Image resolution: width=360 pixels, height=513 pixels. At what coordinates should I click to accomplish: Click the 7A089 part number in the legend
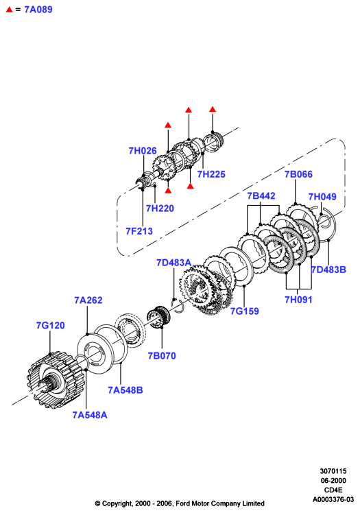(x=38, y=10)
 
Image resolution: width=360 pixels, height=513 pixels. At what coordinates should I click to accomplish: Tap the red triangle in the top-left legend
(x=9, y=10)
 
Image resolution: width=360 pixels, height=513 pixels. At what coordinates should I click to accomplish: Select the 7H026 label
(x=143, y=151)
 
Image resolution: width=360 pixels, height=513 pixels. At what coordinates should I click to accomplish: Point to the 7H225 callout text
(x=211, y=174)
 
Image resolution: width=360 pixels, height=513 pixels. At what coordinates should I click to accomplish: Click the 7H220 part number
(x=160, y=208)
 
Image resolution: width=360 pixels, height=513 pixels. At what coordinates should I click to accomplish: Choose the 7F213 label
(x=139, y=231)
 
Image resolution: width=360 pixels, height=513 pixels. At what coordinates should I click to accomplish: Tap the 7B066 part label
(x=298, y=174)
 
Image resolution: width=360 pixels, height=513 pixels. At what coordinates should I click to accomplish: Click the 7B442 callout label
(x=261, y=195)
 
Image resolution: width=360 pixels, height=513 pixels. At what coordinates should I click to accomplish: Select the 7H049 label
(x=322, y=197)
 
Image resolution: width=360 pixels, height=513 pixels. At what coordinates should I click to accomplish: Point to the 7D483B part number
(x=328, y=270)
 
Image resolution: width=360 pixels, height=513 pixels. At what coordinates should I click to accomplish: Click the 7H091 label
(x=298, y=300)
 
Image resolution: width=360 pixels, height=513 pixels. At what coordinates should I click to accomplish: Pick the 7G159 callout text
(x=245, y=311)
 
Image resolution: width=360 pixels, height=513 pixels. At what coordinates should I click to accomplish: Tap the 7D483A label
(x=174, y=263)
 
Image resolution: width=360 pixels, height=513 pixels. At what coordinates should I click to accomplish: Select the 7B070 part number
(x=162, y=356)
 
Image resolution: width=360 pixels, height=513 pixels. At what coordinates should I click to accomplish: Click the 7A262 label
(x=88, y=300)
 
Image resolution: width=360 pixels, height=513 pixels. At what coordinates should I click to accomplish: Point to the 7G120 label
(x=50, y=326)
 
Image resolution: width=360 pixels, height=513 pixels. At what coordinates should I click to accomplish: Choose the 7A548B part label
(x=125, y=390)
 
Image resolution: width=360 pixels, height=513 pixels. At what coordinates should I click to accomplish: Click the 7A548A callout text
(x=90, y=415)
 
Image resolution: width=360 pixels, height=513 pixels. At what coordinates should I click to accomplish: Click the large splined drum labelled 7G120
(x=55, y=380)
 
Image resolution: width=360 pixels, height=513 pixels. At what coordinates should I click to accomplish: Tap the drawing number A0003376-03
(x=333, y=499)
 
